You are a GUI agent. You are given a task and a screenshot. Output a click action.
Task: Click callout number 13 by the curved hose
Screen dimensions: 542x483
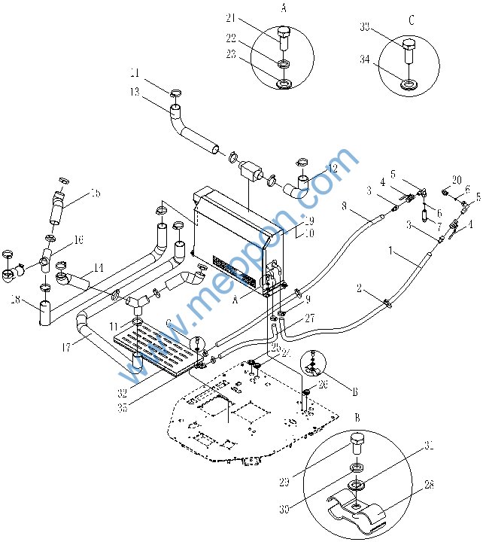pos(135,93)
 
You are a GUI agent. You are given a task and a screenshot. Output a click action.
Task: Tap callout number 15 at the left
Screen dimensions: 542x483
pos(95,194)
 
